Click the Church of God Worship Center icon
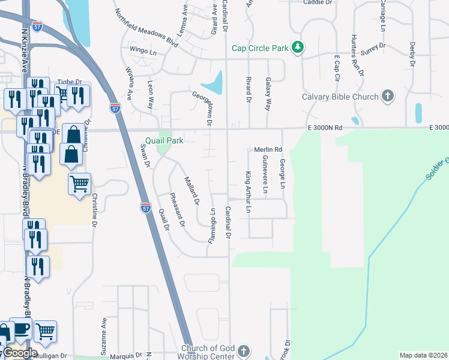click(x=243, y=350)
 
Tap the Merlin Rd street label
click(x=267, y=149)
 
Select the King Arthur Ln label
click(x=247, y=192)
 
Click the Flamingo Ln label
click(x=212, y=226)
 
